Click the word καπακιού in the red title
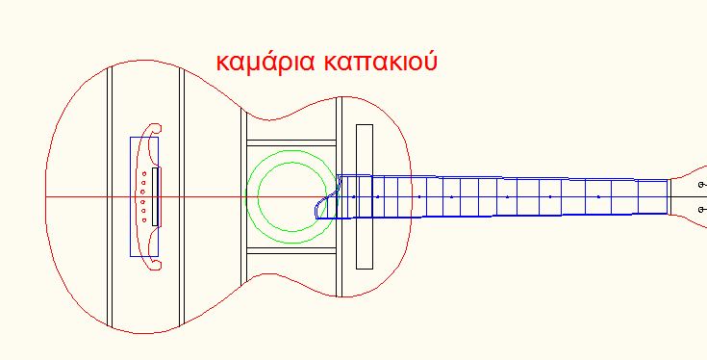coord(381,63)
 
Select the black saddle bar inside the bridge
coord(155,196)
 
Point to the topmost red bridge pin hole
coord(144,173)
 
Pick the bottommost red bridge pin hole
coord(144,220)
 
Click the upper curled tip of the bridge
coord(156,128)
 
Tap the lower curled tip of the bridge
coord(156,266)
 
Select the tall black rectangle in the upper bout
coord(365,196)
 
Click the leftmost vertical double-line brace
coord(109,196)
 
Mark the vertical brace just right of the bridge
coord(182,196)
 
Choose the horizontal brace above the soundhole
coord(291,143)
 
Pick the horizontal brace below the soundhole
coord(291,250)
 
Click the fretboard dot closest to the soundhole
coord(354,197)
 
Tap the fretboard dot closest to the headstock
coord(598,197)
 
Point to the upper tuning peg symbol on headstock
coord(701,185)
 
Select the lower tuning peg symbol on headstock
coord(701,209)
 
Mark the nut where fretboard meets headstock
coord(669,196)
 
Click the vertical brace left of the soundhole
coord(243,196)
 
